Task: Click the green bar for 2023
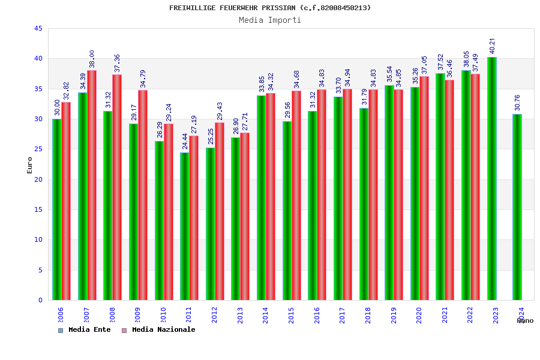click(491, 179)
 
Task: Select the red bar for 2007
click(92, 185)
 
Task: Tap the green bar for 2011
click(184, 226)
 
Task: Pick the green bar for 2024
click(517, 207)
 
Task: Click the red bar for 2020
click(424, 188)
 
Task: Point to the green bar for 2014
click(261, 197)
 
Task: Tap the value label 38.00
click(92, 59)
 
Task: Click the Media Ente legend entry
click(84, 330)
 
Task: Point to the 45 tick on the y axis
click(38, 29)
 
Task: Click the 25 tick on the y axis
click(38, 149)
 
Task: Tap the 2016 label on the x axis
click(317, 316)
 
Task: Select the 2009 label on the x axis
click(137, 316)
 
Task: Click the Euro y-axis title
click(30, 165)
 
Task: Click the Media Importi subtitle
click(270, 20)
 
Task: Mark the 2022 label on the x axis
click(470, 316)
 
